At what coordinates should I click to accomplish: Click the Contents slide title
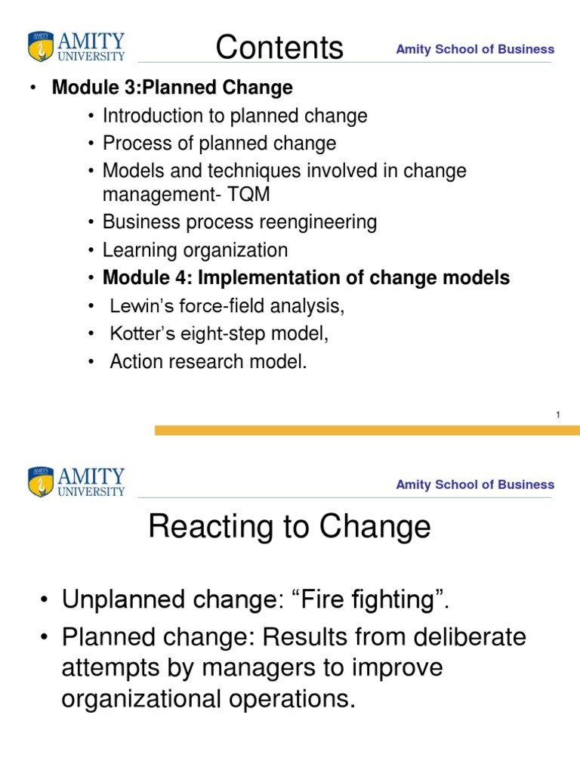click(279, 48)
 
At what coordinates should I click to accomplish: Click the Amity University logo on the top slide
click(76, 46)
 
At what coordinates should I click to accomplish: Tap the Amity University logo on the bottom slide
click(76, 481)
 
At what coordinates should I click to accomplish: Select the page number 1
click(557, 414)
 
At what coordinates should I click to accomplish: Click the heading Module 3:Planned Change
click(171, 88)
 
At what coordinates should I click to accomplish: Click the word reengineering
click(316, 222)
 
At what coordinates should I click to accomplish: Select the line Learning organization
click(195, 250)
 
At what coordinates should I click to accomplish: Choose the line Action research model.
click(208, 362)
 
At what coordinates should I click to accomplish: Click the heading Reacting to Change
click(289, 527)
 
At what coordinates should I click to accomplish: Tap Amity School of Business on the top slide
click(475, 49)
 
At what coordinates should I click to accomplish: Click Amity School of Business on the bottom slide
click(475, 485)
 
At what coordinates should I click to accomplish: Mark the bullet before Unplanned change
click(46, 600)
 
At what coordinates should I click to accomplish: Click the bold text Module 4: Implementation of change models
click(306, 278)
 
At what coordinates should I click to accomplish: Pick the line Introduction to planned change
click(235, 116)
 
